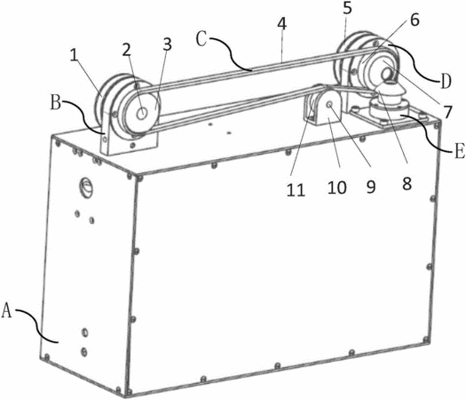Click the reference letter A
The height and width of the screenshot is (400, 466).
coord(7,310)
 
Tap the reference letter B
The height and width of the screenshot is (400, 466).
coord(56,104)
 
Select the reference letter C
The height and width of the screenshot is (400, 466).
coord(201,40)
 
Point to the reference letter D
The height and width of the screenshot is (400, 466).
coord(445,81)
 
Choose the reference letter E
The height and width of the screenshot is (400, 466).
coord(459,152)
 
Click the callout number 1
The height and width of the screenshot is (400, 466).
coord(74,54)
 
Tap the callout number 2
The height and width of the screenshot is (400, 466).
coord(126,50)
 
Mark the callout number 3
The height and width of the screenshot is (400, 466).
coord(168,44)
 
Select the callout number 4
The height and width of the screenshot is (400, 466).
coord(282,24)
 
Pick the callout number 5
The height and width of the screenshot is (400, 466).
coord(347,8)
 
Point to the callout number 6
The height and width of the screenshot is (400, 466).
coord(415,20)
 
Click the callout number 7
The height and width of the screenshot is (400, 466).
coord(447,112)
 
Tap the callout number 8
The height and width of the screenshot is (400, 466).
coord(407,183)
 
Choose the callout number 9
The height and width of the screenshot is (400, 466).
coord(371,187)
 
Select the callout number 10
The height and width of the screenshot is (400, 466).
coord(337,188)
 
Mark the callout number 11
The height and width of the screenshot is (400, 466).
coord(296,189)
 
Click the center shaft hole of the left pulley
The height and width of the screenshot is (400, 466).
coord(143,113)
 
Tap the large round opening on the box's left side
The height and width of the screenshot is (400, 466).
coord(86,187)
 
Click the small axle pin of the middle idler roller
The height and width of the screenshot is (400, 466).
coord(329,105)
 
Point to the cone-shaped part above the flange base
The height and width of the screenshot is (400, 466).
coord(386,92)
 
